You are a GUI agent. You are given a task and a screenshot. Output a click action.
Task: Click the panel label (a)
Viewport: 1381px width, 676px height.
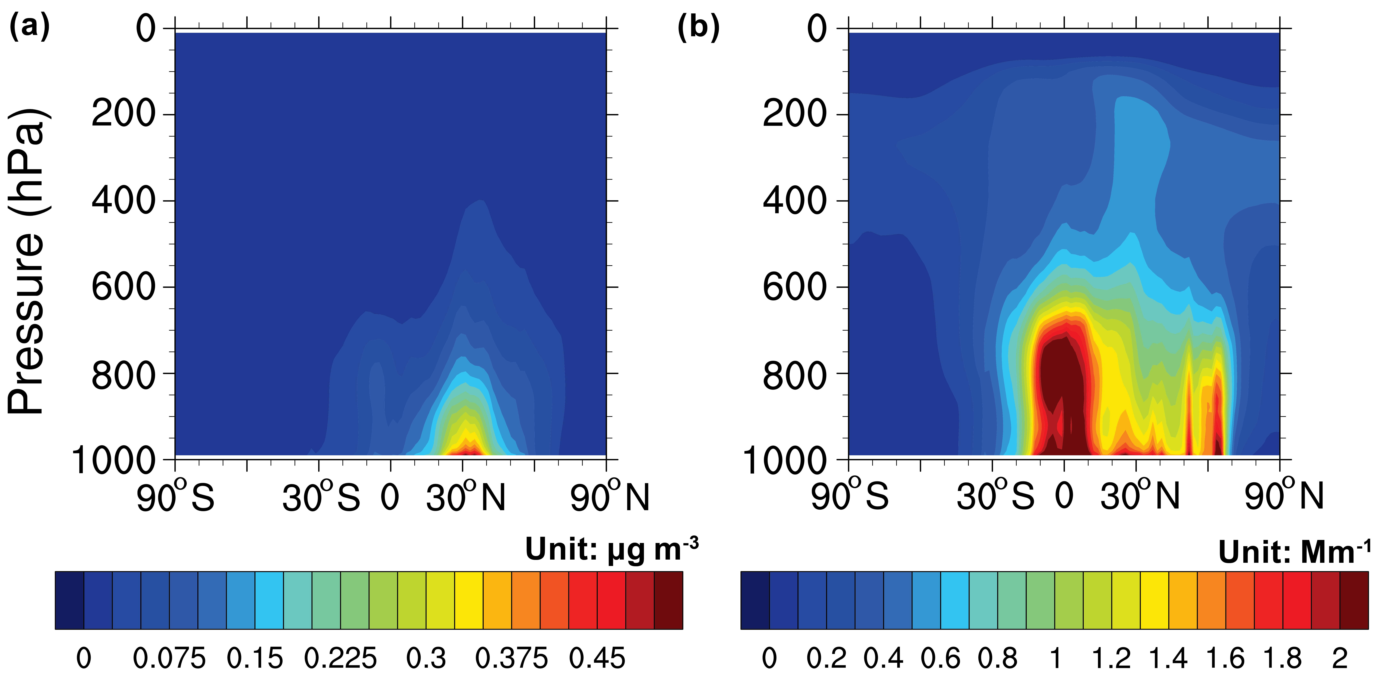tap(30, 27)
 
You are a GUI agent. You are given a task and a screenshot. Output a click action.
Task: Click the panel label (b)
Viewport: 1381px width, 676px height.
tap(698, 27)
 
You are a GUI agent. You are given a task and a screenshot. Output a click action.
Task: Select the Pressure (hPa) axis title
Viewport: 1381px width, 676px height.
tap(27, 262)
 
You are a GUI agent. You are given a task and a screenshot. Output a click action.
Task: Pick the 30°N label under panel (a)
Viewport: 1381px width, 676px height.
tap(465, 497)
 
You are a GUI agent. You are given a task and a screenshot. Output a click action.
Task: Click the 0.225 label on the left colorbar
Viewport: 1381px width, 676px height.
tap(340, 658)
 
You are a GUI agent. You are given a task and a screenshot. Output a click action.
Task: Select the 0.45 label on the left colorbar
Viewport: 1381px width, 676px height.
tap(597, 658)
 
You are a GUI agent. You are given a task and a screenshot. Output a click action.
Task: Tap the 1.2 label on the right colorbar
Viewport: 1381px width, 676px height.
tap(1111, 658)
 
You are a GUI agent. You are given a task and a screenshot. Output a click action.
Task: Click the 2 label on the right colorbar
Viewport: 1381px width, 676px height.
tap(1340, 658)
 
